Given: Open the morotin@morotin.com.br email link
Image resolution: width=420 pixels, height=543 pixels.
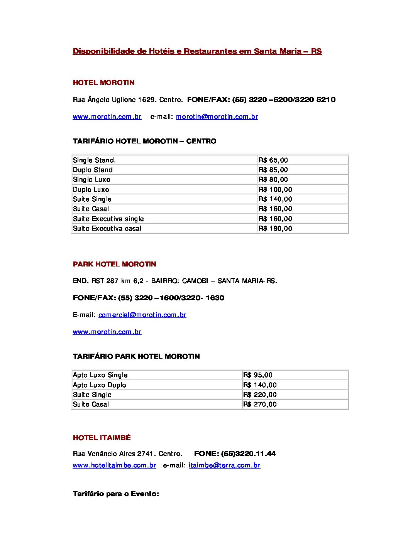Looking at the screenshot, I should [217, 116].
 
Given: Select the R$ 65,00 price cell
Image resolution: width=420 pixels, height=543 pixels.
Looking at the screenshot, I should [273, 160].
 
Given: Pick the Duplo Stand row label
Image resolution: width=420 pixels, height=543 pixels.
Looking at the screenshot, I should [93, 170].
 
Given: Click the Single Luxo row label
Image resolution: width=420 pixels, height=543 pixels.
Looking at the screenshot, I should [91, 179].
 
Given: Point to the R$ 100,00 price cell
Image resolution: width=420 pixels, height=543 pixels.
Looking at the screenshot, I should [275, 189].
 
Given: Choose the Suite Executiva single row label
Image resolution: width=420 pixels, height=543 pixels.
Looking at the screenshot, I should [108, 219].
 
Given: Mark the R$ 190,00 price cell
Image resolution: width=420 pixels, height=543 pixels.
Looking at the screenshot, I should [275, 228].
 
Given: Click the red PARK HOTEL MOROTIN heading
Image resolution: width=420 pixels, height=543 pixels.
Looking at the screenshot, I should [114, 264].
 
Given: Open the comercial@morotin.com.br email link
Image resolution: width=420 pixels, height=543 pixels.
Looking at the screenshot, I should [142, 315].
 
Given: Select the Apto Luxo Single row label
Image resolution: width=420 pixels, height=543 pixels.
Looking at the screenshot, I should [100, 375].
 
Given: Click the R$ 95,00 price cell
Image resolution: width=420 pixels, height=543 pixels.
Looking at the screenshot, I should [258, 375].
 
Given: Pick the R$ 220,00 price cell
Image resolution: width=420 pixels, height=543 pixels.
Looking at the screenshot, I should [260, 395].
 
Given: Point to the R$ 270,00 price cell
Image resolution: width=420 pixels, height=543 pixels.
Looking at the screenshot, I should [260, 404].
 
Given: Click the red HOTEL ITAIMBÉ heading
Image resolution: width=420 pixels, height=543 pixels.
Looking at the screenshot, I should [102, 438].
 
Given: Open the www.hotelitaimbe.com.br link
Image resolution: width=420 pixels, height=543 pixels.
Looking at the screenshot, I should [114, 465].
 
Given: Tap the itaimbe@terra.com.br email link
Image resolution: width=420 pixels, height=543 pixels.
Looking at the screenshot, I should [224, 465].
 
